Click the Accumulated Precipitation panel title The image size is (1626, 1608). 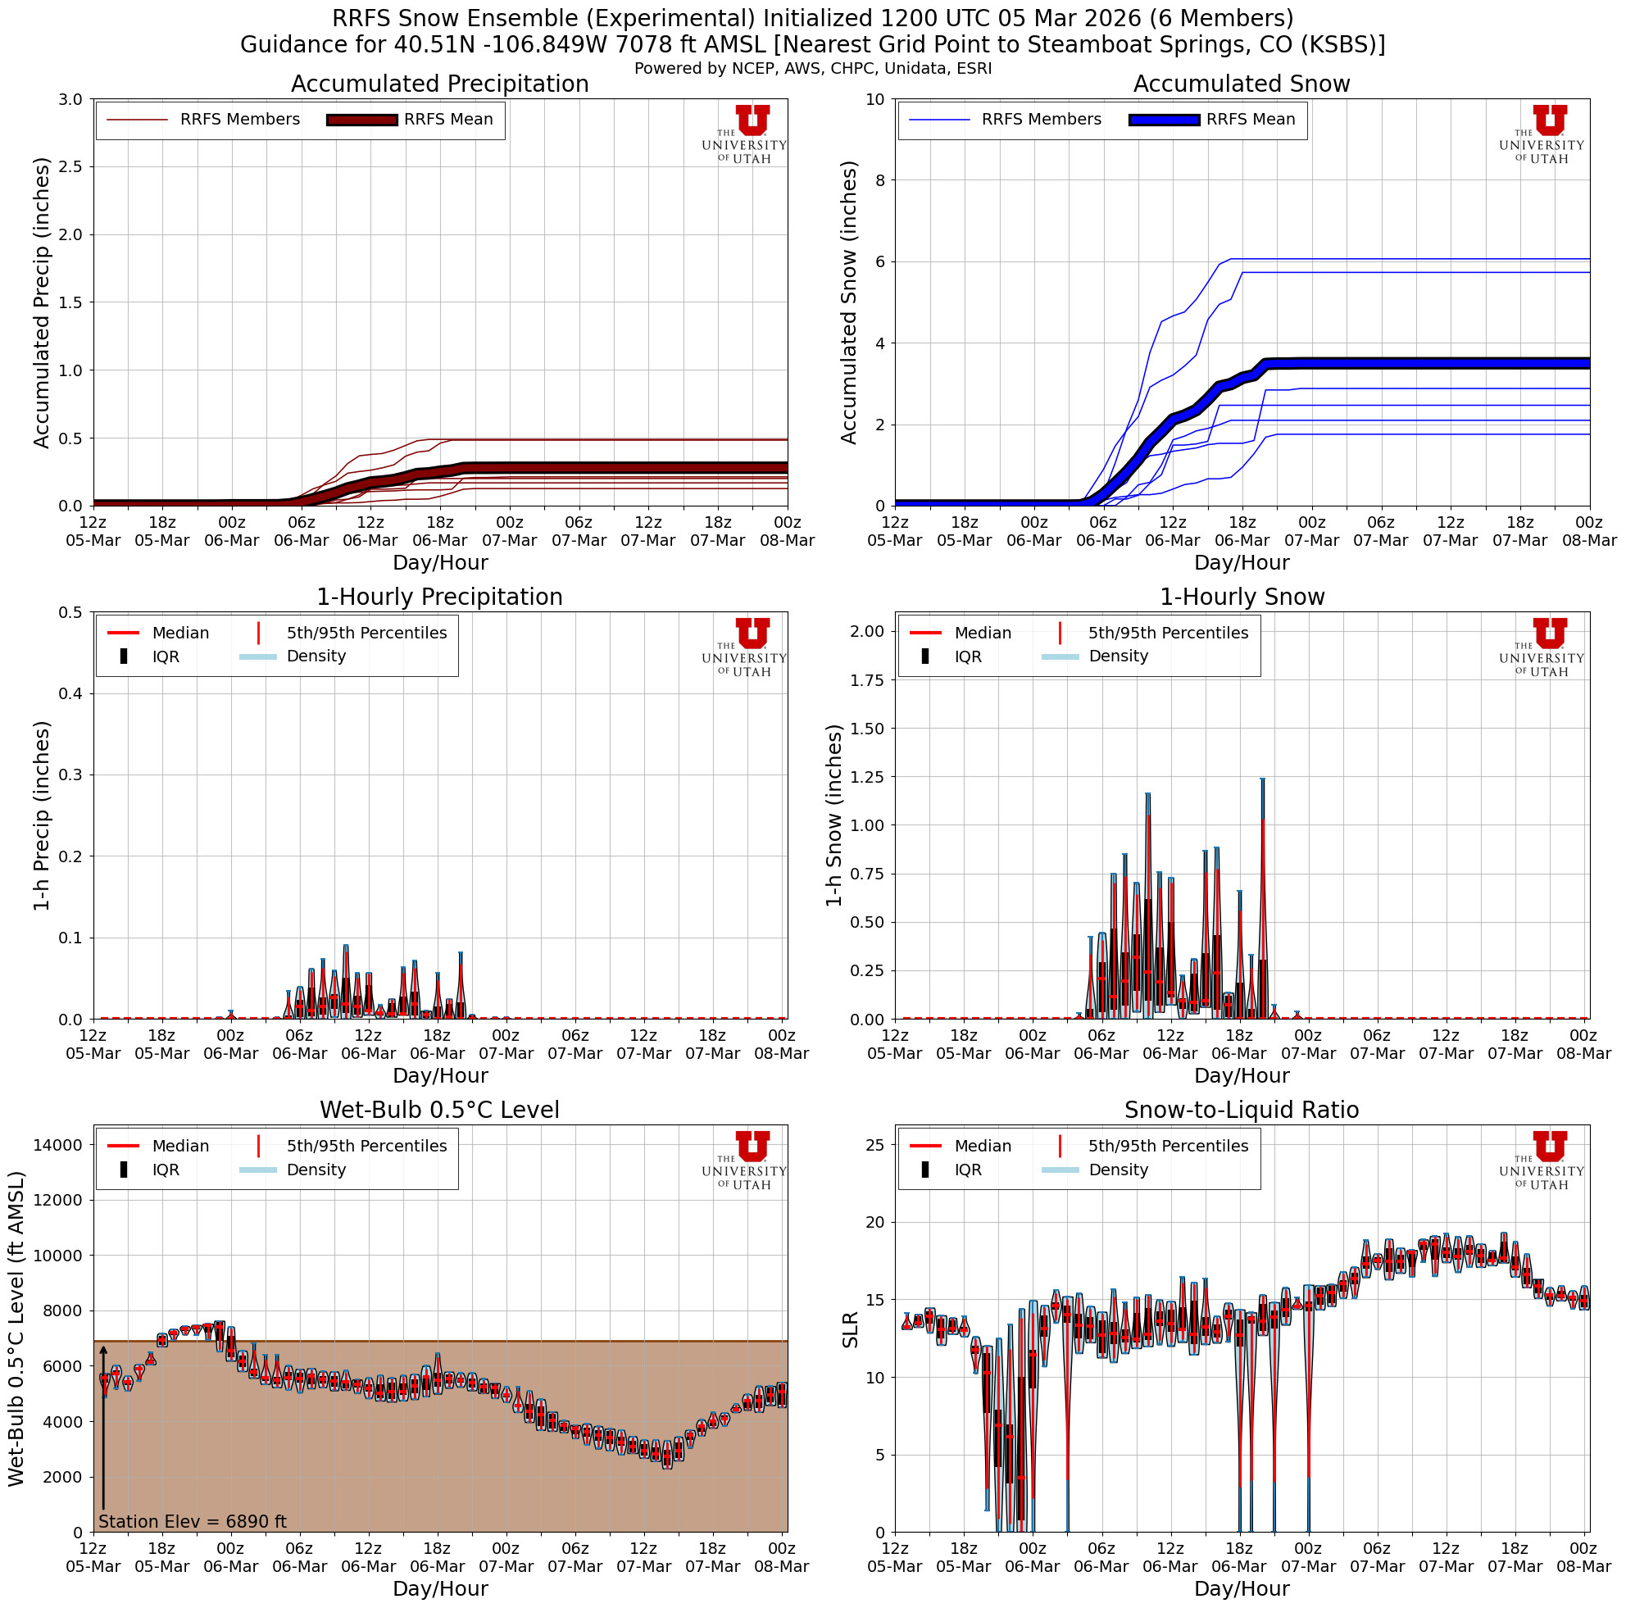click(439, 84)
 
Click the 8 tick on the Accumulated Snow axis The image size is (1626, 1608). click(879, 180)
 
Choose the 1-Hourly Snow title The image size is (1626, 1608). click(1242, 597)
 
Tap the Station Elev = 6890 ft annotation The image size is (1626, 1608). click(193, 1521)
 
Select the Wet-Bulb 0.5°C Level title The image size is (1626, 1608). click(439, 1111)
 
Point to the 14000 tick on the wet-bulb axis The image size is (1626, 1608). click(59, 1144)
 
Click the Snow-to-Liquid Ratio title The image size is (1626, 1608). click(1242, 1111)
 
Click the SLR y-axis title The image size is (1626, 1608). click(850, 1329)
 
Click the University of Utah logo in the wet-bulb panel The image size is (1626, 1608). click(745, 1160)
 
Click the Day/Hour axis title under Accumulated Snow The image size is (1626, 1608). click(1242, 562)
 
